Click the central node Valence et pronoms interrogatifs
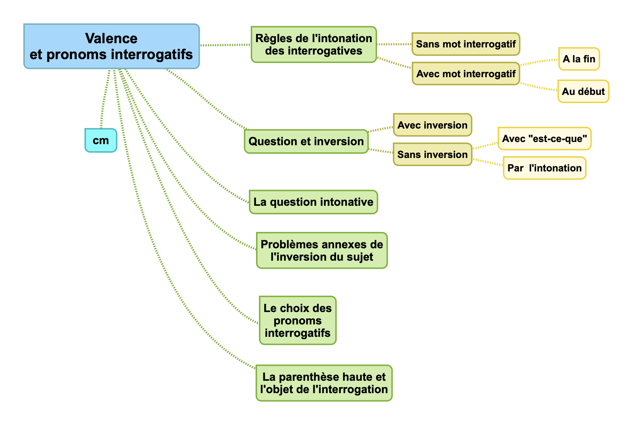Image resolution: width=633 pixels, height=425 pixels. click(x=111, y=46)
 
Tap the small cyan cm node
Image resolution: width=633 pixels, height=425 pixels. click(x=101, y=141)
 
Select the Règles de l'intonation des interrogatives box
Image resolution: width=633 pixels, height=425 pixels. click(x=314, y=45)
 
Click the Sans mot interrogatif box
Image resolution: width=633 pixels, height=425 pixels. click(x=466, y=44)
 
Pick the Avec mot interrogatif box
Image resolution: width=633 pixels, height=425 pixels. click(x=466, y=74)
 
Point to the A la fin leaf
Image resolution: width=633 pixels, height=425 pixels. click(x=579, y=59)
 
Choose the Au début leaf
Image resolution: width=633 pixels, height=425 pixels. click(x=583, y=91)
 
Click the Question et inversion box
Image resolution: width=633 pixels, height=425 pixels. click(x=306, y=141)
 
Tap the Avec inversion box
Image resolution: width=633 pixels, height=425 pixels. click(x=432, y=125)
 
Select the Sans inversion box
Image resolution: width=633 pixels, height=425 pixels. click(x=432, y=154)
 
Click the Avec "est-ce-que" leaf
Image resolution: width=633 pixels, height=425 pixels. click(x=544, y=138)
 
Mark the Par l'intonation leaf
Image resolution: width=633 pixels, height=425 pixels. click(x=544, y=168)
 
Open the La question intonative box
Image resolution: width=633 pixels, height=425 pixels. click(x=313, y=202)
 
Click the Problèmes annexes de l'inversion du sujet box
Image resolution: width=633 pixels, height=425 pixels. click(x=322, y=250)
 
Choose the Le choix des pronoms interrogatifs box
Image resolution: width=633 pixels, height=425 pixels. click(x=297, y=320)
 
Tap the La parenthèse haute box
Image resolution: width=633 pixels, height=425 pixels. click(x=324, y=383)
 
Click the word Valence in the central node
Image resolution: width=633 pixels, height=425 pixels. click(x=111, y=38)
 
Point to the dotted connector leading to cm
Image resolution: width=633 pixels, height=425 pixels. click(x=105, y=99)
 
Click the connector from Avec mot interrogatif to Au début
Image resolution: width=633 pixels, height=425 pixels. click(x=539, y=87)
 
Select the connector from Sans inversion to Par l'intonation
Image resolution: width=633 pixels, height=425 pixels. click(x=488, y=163)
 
